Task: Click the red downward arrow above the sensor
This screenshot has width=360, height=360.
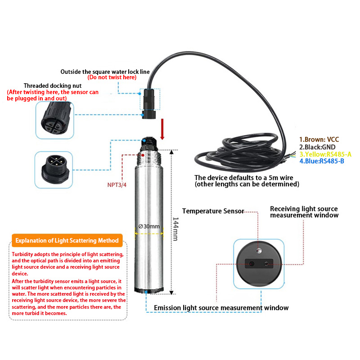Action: click(x=163, y=129)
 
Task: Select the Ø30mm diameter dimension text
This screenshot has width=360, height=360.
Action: click(x=149, y=227)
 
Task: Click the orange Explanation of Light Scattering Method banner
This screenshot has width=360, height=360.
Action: click(x=67, y=240)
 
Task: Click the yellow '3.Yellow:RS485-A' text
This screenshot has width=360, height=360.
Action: click(x=325, y=154)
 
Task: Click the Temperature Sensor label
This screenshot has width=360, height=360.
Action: click(x=213, y=211)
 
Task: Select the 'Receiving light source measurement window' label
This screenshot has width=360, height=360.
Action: click(x=304, y=212)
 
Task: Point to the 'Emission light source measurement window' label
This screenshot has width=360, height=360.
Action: click(x=221, y=308)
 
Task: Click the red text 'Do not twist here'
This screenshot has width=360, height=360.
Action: click(x=112, y=78)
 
